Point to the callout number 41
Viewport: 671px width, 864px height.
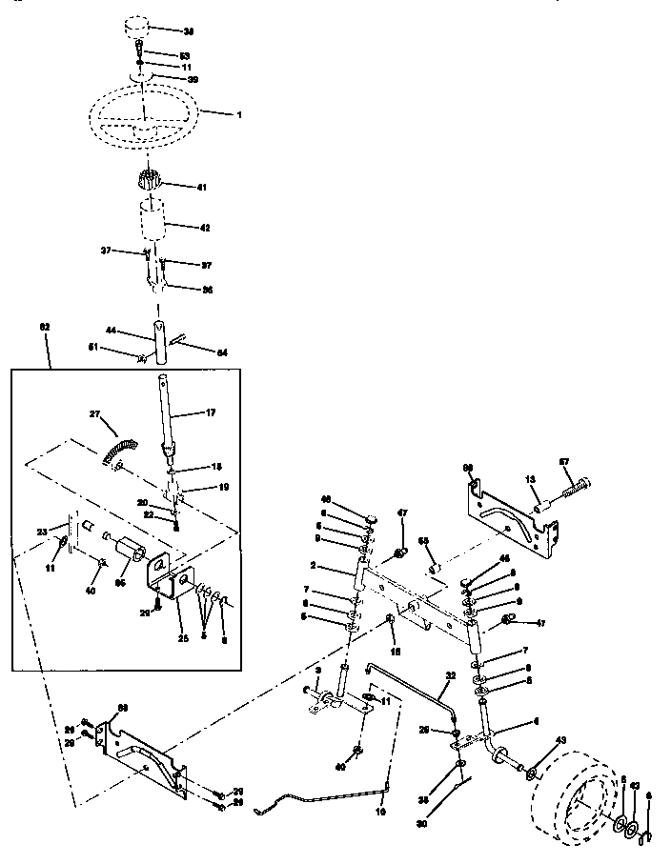point(202,188)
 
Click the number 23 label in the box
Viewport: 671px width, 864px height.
point(42,532)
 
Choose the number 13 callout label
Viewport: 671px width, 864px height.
point(530,479)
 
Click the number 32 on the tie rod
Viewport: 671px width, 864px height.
point(451,675)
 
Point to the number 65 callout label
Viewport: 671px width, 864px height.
point(424,541)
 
